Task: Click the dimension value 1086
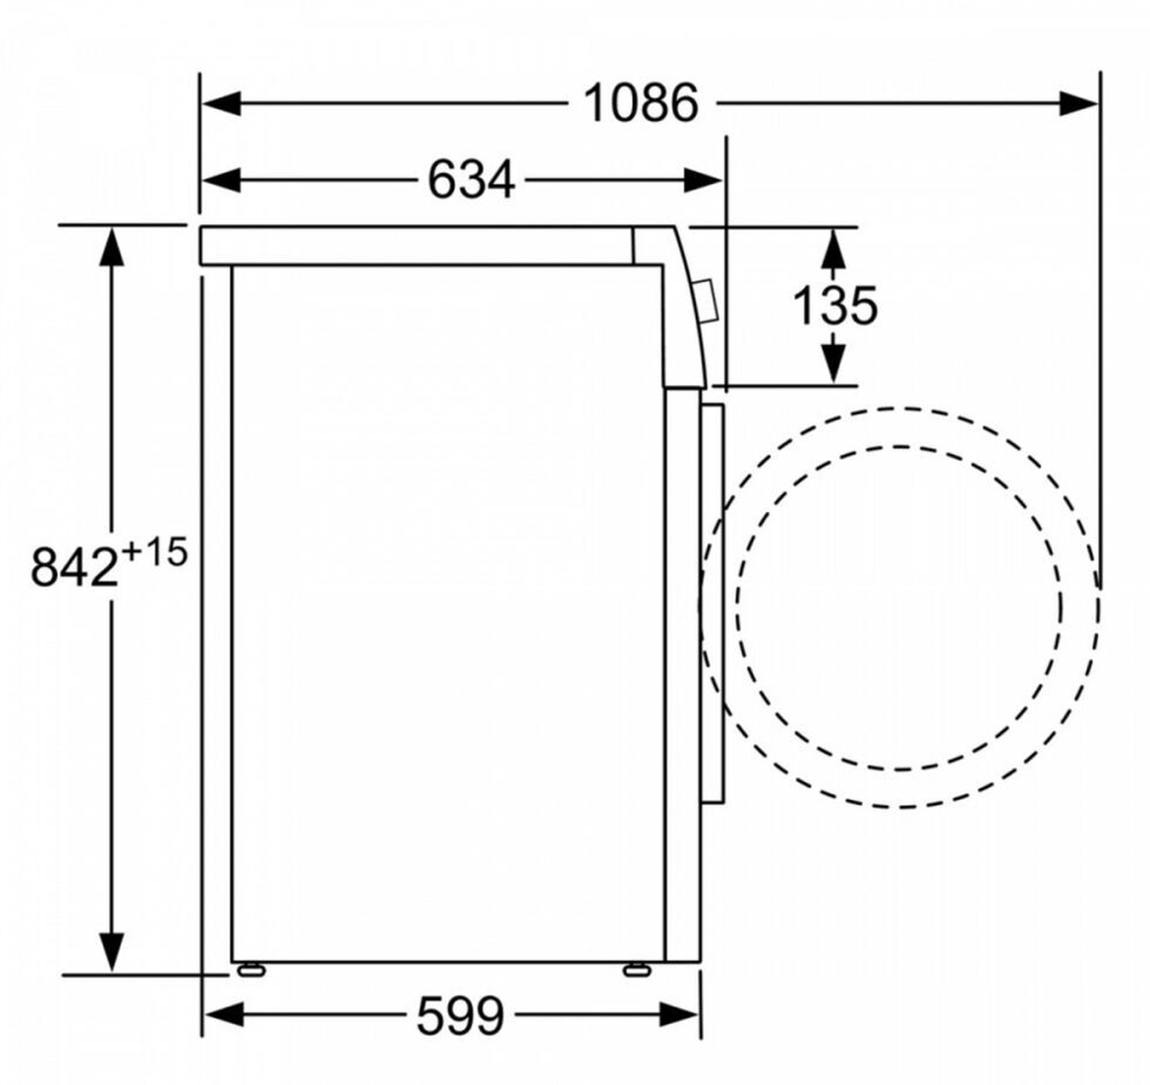coord(641,104)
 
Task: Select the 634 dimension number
coord(471,180)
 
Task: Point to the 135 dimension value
coord(835,305)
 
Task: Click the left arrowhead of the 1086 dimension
coord(221,104)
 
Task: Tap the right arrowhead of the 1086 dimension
coord(1078,104)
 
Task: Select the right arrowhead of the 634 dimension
coord(703,180)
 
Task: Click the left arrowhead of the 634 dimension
coord(221,180)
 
